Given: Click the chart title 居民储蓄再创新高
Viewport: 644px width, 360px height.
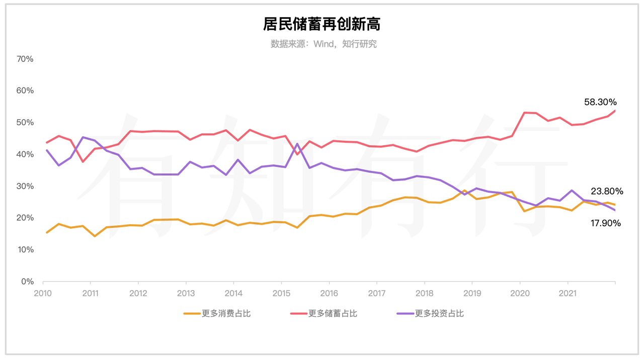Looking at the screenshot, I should [x=321, y=24].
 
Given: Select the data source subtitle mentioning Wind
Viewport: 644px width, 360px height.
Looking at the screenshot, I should [x=324, y=44].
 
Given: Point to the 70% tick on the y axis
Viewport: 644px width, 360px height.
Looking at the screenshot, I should [x=25, y=59].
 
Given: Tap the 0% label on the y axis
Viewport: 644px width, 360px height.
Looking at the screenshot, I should [x=27, y=282].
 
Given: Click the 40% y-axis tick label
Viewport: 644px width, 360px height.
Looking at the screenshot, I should [x=25, y=154].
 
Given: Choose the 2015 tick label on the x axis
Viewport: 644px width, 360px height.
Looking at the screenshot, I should [x=281, y=293].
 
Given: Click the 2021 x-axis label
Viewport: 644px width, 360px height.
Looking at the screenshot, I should [x=568, y=293].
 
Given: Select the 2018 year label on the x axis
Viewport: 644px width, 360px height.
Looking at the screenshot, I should [x=425, y=293].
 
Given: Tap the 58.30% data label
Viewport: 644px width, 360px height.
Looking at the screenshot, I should [x=601, y=102].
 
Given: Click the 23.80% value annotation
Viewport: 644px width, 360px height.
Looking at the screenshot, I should [x=607, y=191].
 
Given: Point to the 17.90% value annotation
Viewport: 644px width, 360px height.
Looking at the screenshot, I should [x=605, y=223].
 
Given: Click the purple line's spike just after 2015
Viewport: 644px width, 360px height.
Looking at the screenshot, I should [x=297, y=144].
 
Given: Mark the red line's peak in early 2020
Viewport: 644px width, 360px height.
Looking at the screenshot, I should [x=524, y=113].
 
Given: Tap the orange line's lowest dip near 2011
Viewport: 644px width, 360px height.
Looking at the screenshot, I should [x=95, y=236].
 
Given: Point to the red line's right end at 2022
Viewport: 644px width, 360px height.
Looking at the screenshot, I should [x=615, y=111].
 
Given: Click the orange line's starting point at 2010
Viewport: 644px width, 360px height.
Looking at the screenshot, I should [x=47, y=232].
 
